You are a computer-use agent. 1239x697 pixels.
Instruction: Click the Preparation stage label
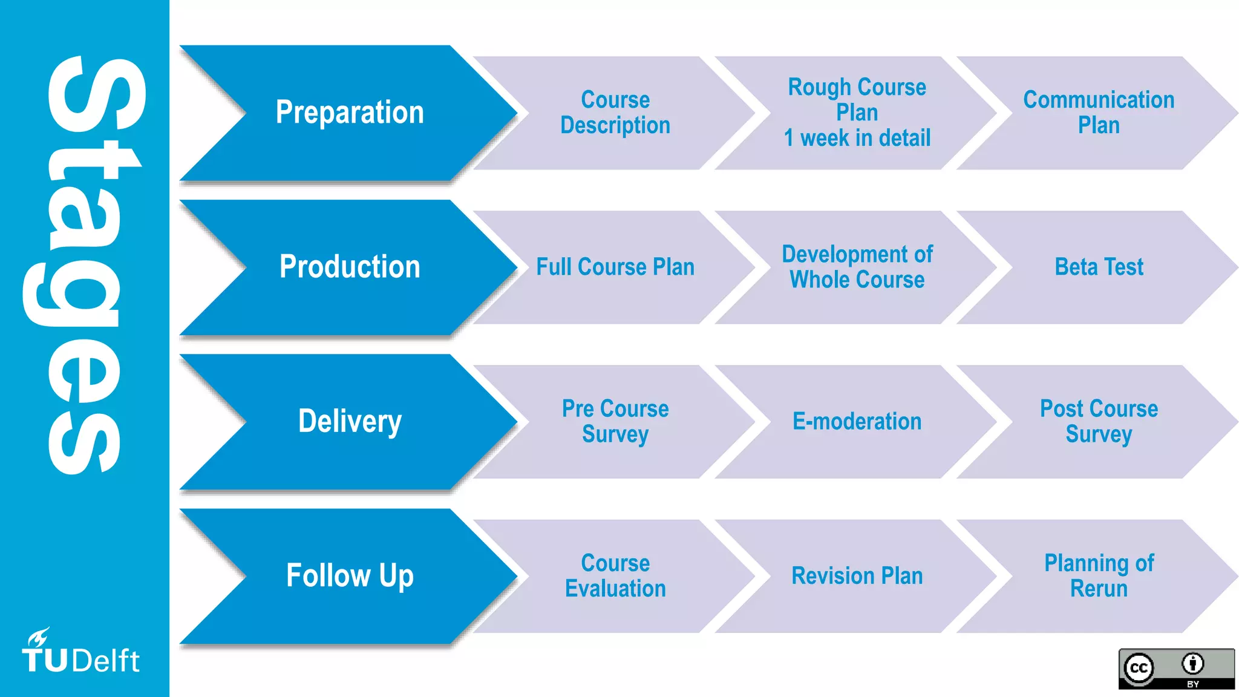pos(350,113)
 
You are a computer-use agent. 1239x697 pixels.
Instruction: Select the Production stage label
pos(350,267)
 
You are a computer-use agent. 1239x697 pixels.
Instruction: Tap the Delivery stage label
pos(350,421)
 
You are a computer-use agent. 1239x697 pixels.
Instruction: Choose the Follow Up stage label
pos(350,575)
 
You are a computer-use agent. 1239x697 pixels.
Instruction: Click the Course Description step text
pos(615,113)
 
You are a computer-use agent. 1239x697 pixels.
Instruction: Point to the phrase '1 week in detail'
pos(857,139)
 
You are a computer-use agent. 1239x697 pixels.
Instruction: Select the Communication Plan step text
pos(1099,113)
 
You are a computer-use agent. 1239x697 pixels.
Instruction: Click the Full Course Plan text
pos(615,267)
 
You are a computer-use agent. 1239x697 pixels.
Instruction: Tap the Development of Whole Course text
pos(857,267)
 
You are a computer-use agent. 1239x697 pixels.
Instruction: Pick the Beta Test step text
pos(1099,267)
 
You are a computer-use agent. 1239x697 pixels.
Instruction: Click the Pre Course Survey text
pos(615,421)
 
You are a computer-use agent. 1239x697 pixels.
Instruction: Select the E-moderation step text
pos(857,421)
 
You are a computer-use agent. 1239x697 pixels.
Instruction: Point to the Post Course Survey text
pos(1099,421)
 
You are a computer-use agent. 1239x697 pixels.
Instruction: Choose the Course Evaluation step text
pos(615,575)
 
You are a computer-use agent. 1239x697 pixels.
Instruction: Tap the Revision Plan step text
pos(857,575)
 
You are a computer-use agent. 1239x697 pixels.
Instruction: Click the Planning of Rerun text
pos(1099,575)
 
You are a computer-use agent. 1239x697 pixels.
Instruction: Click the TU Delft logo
pos(80,654)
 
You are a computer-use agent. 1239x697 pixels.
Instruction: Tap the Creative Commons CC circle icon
pos(1139,668)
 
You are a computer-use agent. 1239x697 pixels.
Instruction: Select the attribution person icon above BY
pos(1192,664)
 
